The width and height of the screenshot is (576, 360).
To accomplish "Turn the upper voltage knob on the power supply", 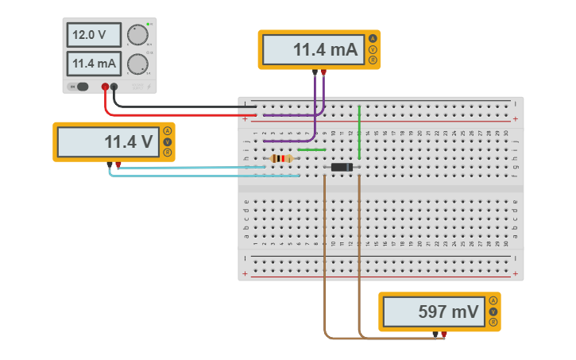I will click(137, 35).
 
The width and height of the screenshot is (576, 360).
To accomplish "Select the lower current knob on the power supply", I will click(137, 64).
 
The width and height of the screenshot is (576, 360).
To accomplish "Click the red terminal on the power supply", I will click(105, 87).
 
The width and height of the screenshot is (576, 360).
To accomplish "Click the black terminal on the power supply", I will click(114, 87).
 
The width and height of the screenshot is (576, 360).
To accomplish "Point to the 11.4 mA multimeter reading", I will click(312, 50).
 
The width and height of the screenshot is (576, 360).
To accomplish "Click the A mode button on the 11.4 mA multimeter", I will click(373, 39).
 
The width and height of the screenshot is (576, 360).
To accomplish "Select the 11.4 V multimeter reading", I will click(107, 142).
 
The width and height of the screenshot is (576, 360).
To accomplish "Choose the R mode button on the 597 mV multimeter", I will click(493, 323).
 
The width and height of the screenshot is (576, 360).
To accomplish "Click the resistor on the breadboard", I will click(281, 158).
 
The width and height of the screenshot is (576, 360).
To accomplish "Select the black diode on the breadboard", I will click(342, 167).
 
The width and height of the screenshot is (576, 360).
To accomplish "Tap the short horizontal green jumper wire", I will click(311, 149).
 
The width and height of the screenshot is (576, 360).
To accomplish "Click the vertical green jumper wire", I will click(359, 132).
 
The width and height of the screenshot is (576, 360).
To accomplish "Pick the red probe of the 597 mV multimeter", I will click(444, 335).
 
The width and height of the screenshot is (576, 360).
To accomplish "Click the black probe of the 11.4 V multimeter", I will click(110, 165).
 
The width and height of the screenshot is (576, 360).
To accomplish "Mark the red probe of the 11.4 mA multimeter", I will click(323, 72).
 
